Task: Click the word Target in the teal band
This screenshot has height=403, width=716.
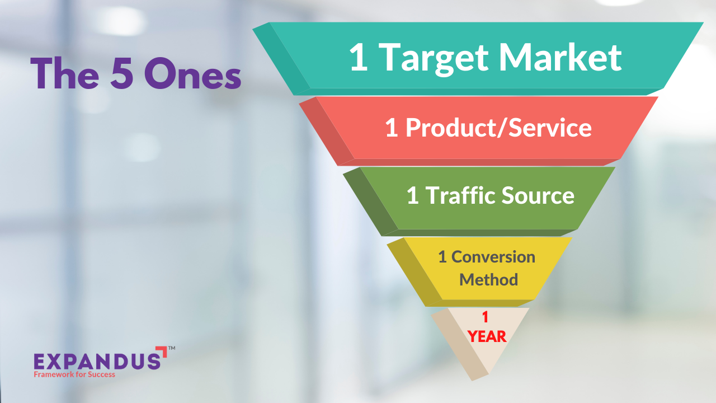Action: (432, 57)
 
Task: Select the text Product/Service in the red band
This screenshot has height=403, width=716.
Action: (498, 128)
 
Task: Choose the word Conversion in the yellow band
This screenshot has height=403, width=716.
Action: (493, 257)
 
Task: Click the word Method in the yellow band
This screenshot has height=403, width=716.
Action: (488, 279)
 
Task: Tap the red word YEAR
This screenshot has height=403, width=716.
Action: (487, 336)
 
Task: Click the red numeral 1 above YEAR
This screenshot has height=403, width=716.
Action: (486, 317)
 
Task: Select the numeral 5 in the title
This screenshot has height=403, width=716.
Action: (121, 74)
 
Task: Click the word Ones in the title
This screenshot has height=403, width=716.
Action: (192, 74)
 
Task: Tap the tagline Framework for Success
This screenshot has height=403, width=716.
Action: (74, 374)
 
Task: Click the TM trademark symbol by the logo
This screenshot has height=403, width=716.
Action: (172, 348)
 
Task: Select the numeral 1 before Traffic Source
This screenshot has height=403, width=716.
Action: (412, 196)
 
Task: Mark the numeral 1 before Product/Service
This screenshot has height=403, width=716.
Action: (392, 128)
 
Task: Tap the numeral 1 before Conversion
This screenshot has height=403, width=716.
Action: (442, 257)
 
